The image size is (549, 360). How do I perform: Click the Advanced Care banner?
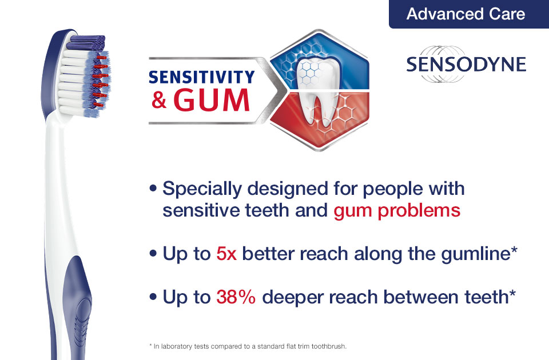(468, 14)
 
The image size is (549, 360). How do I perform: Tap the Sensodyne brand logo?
(466, 65)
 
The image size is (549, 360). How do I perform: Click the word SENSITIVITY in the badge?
(202, 77)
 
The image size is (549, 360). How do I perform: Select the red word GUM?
(212, 100)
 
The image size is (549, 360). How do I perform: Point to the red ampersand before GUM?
(159, 101)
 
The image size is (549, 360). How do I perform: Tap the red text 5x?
(226, 254)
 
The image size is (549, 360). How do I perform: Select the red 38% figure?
(236, 297)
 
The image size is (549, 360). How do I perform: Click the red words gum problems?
(397, 211)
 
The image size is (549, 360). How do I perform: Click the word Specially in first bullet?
(202, 189)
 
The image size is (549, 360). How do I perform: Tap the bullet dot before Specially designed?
(153, 188)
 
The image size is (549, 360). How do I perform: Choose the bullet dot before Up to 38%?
(153, 297)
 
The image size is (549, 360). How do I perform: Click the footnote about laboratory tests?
(248, 346)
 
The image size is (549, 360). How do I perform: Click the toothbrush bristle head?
(86, 75)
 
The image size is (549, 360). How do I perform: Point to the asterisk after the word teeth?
(512, 293)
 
